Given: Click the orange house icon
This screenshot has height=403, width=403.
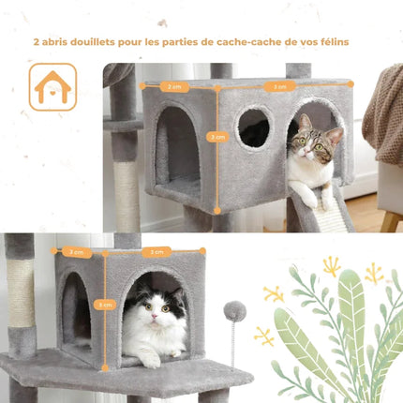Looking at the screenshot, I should tap(52, 86).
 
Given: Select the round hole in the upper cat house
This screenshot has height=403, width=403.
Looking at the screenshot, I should tap(253, 128).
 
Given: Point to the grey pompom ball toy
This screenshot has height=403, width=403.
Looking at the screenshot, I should tap(234, 311).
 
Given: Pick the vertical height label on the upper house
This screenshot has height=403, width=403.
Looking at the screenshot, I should tap(218, 136).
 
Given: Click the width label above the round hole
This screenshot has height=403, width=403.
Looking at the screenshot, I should tap(278, 86).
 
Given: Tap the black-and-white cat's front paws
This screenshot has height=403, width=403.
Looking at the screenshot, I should tap(150, 359).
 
